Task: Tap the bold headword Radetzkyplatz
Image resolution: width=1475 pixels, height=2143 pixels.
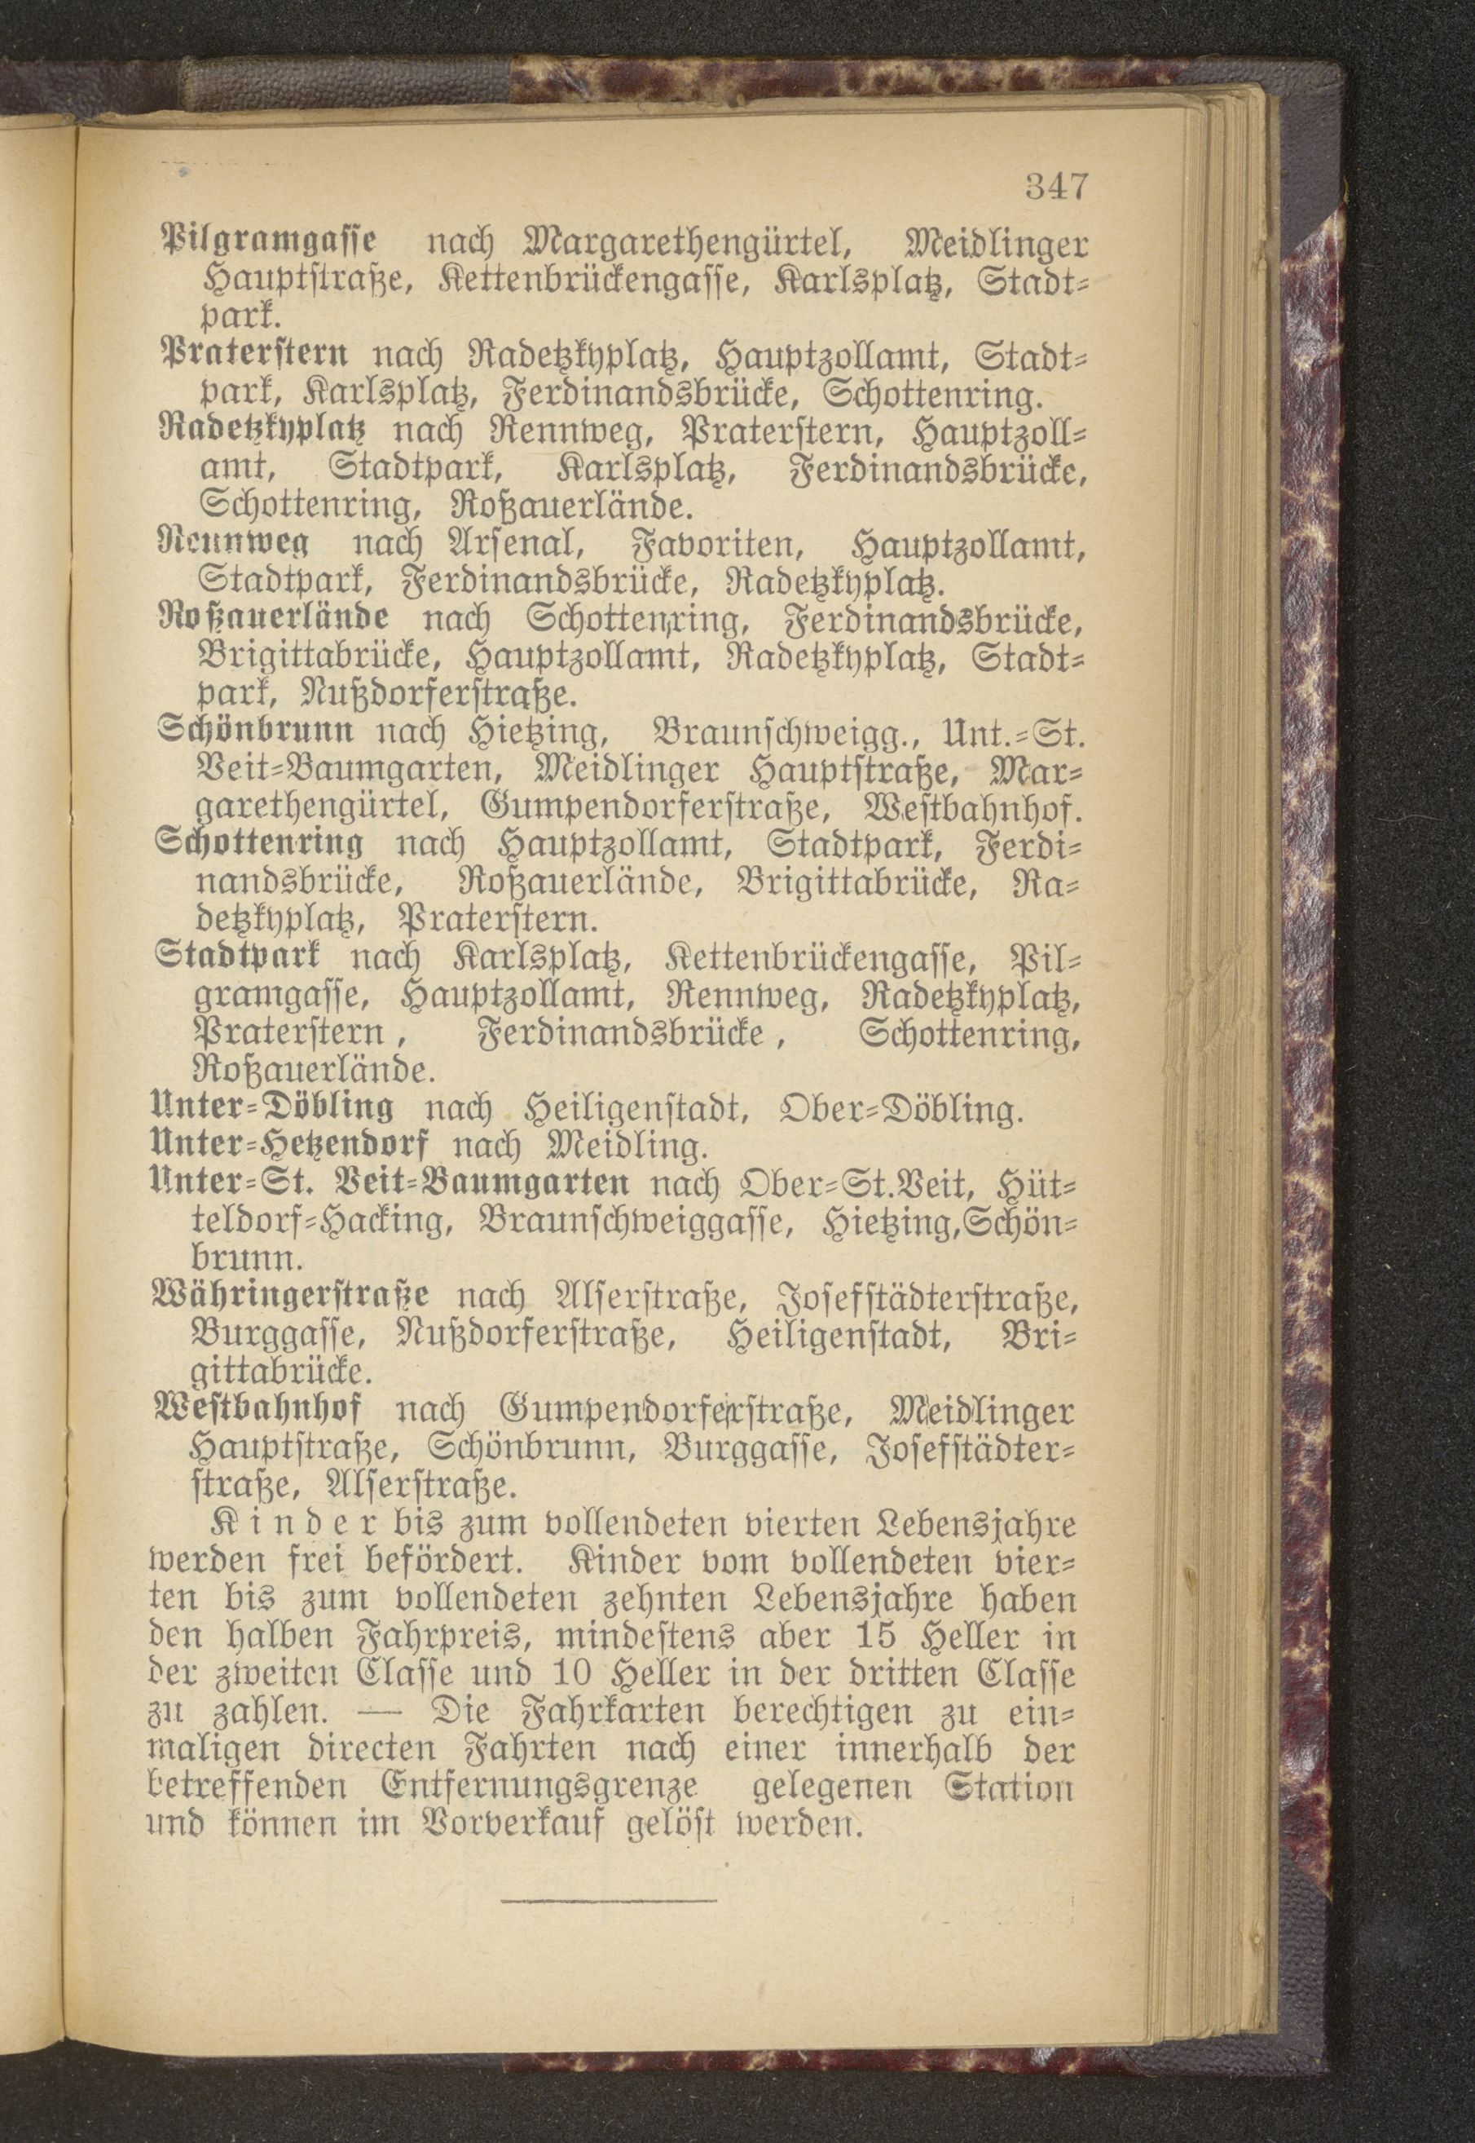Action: [x=263, y=431]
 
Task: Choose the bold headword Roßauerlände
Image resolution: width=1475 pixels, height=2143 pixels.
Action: [x=274, y=617]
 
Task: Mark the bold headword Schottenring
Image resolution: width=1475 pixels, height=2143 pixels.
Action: [x=262, y=842]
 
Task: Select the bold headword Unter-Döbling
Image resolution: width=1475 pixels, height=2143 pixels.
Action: [x=274, y=1107]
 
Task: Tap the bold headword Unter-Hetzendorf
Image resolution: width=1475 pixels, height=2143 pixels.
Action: [x=291, y=1146]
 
